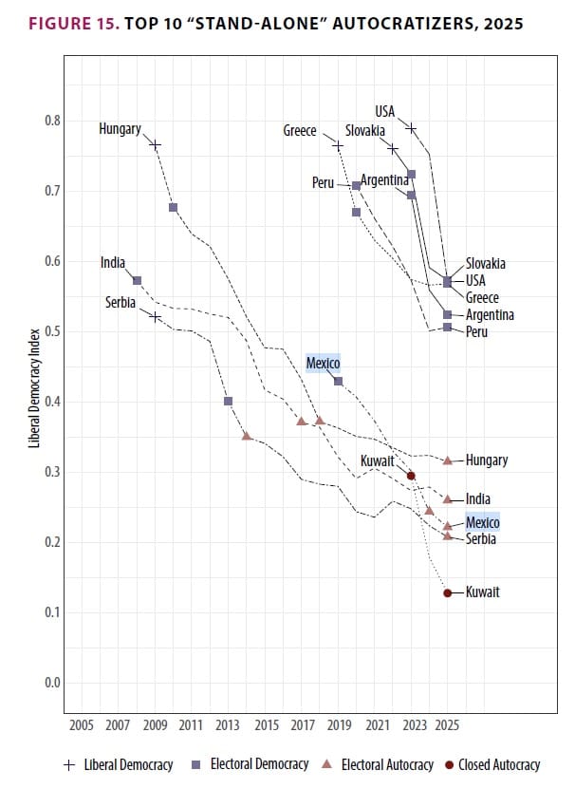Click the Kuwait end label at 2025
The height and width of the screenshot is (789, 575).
coord(482,592)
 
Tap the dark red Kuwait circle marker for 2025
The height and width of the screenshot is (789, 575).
coord(447,592)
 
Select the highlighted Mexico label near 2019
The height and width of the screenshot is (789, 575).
coord(323,363)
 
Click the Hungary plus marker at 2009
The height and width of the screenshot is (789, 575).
coord(156,144)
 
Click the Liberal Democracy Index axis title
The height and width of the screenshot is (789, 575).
coord(34,400)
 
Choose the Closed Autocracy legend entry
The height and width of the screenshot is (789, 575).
coord(497,765)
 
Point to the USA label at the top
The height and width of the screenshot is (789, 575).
coord(384,112)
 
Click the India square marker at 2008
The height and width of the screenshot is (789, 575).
coord(138,280)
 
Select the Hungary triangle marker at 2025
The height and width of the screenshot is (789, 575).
coord(448,460)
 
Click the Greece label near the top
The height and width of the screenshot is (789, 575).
coord(300,131)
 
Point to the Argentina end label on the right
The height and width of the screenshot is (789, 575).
coord(490,314)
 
